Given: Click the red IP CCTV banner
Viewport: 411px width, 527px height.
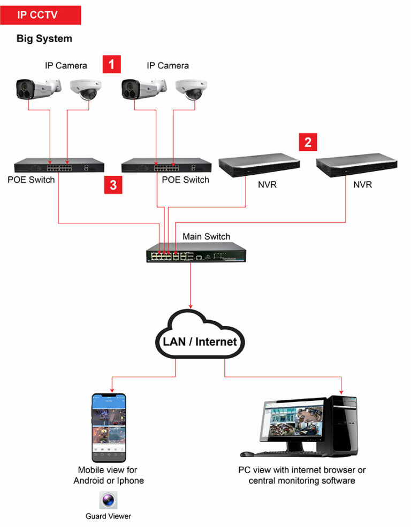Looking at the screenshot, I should [x=41, y=15].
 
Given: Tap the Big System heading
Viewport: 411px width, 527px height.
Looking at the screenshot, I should [x=44, y=39].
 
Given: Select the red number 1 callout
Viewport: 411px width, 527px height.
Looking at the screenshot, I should [x=111, y=65].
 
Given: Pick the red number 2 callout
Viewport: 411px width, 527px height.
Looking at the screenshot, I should [x=307, y=143].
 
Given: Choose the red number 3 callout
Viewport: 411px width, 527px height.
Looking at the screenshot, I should [x=113, y=185].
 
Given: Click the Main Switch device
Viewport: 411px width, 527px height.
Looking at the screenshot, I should [x=196, y=252].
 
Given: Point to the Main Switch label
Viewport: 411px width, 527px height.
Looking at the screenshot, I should [x=207, y=236].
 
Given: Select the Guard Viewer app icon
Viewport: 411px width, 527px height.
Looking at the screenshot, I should [x=108, y=500].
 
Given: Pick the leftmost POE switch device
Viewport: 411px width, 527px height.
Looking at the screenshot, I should [x=59, y=167].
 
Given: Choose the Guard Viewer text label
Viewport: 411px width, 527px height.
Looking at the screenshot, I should [x=108, y=516].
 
